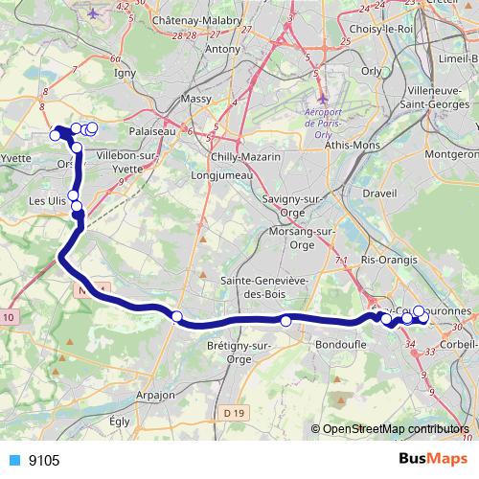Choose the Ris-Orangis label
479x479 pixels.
[390, 260]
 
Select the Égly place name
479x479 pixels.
[119, 421]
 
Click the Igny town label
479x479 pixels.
[125, 71]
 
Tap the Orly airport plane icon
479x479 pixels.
[323, 99]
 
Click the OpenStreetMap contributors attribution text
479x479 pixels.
[397, 429]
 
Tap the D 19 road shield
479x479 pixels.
[234, 413]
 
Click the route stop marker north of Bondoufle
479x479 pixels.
[285, 321]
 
